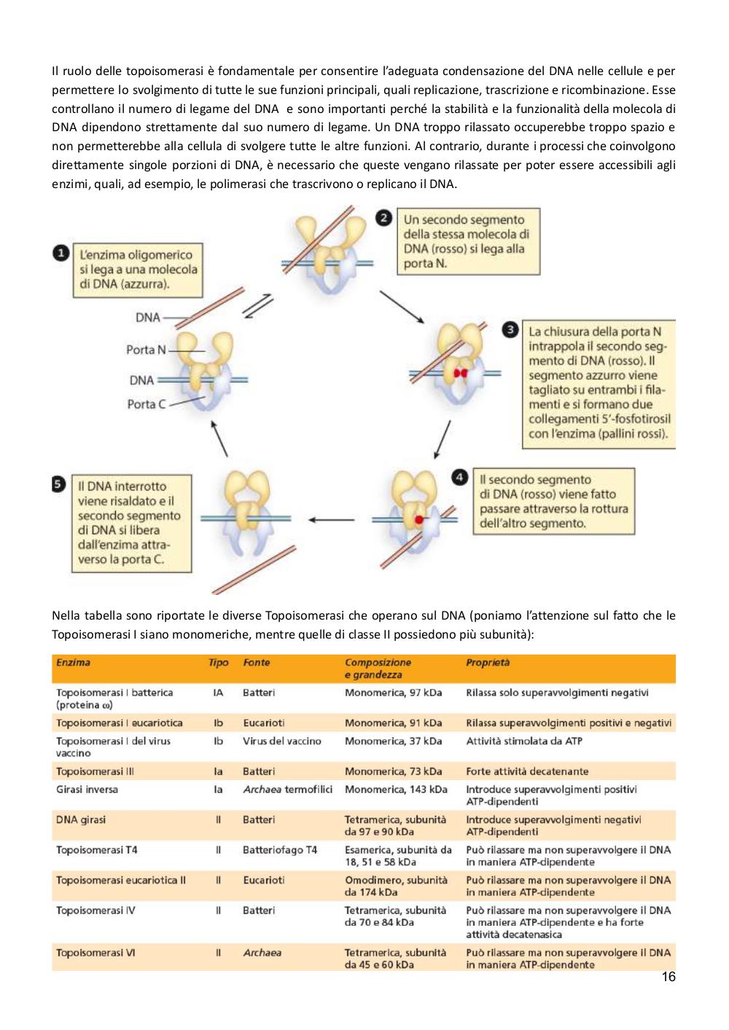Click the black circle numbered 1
(x=61, y=253)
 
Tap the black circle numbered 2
(x=383, y=217)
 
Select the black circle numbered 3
(x=510, y=329)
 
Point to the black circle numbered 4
(x=459, y=477)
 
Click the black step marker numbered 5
(x=58, y=484)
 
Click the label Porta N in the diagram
(x=146, y=350)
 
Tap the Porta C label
(x=147, y=404)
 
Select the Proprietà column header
(x=488, y=663)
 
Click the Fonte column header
(x=256, y=663)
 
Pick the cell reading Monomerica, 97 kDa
(x=393, y=692)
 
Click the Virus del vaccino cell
(x=282, y=741)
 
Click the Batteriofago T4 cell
(x=280, y=850)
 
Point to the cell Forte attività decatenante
(x=527, y=771)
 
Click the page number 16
(x=668, y=976)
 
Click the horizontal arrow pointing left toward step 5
(x=331, y=520)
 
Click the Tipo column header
(x=219, y=663)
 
